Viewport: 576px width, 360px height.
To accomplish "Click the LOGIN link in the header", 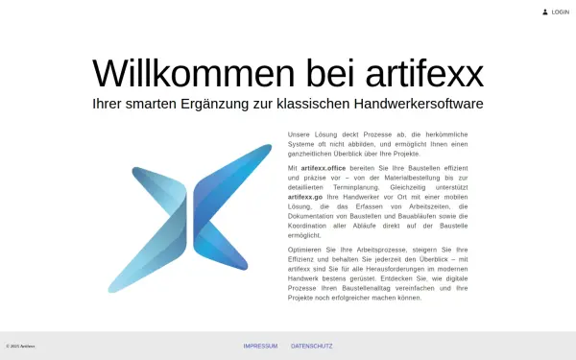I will tap(561, 12).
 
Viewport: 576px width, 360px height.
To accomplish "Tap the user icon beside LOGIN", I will tap(545, 12).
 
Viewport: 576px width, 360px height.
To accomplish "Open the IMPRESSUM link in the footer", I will tap(260, 346).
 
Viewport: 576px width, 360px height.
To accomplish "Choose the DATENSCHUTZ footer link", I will tap(312, 346).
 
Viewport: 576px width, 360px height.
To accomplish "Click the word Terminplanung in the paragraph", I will tap(349, 187).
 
